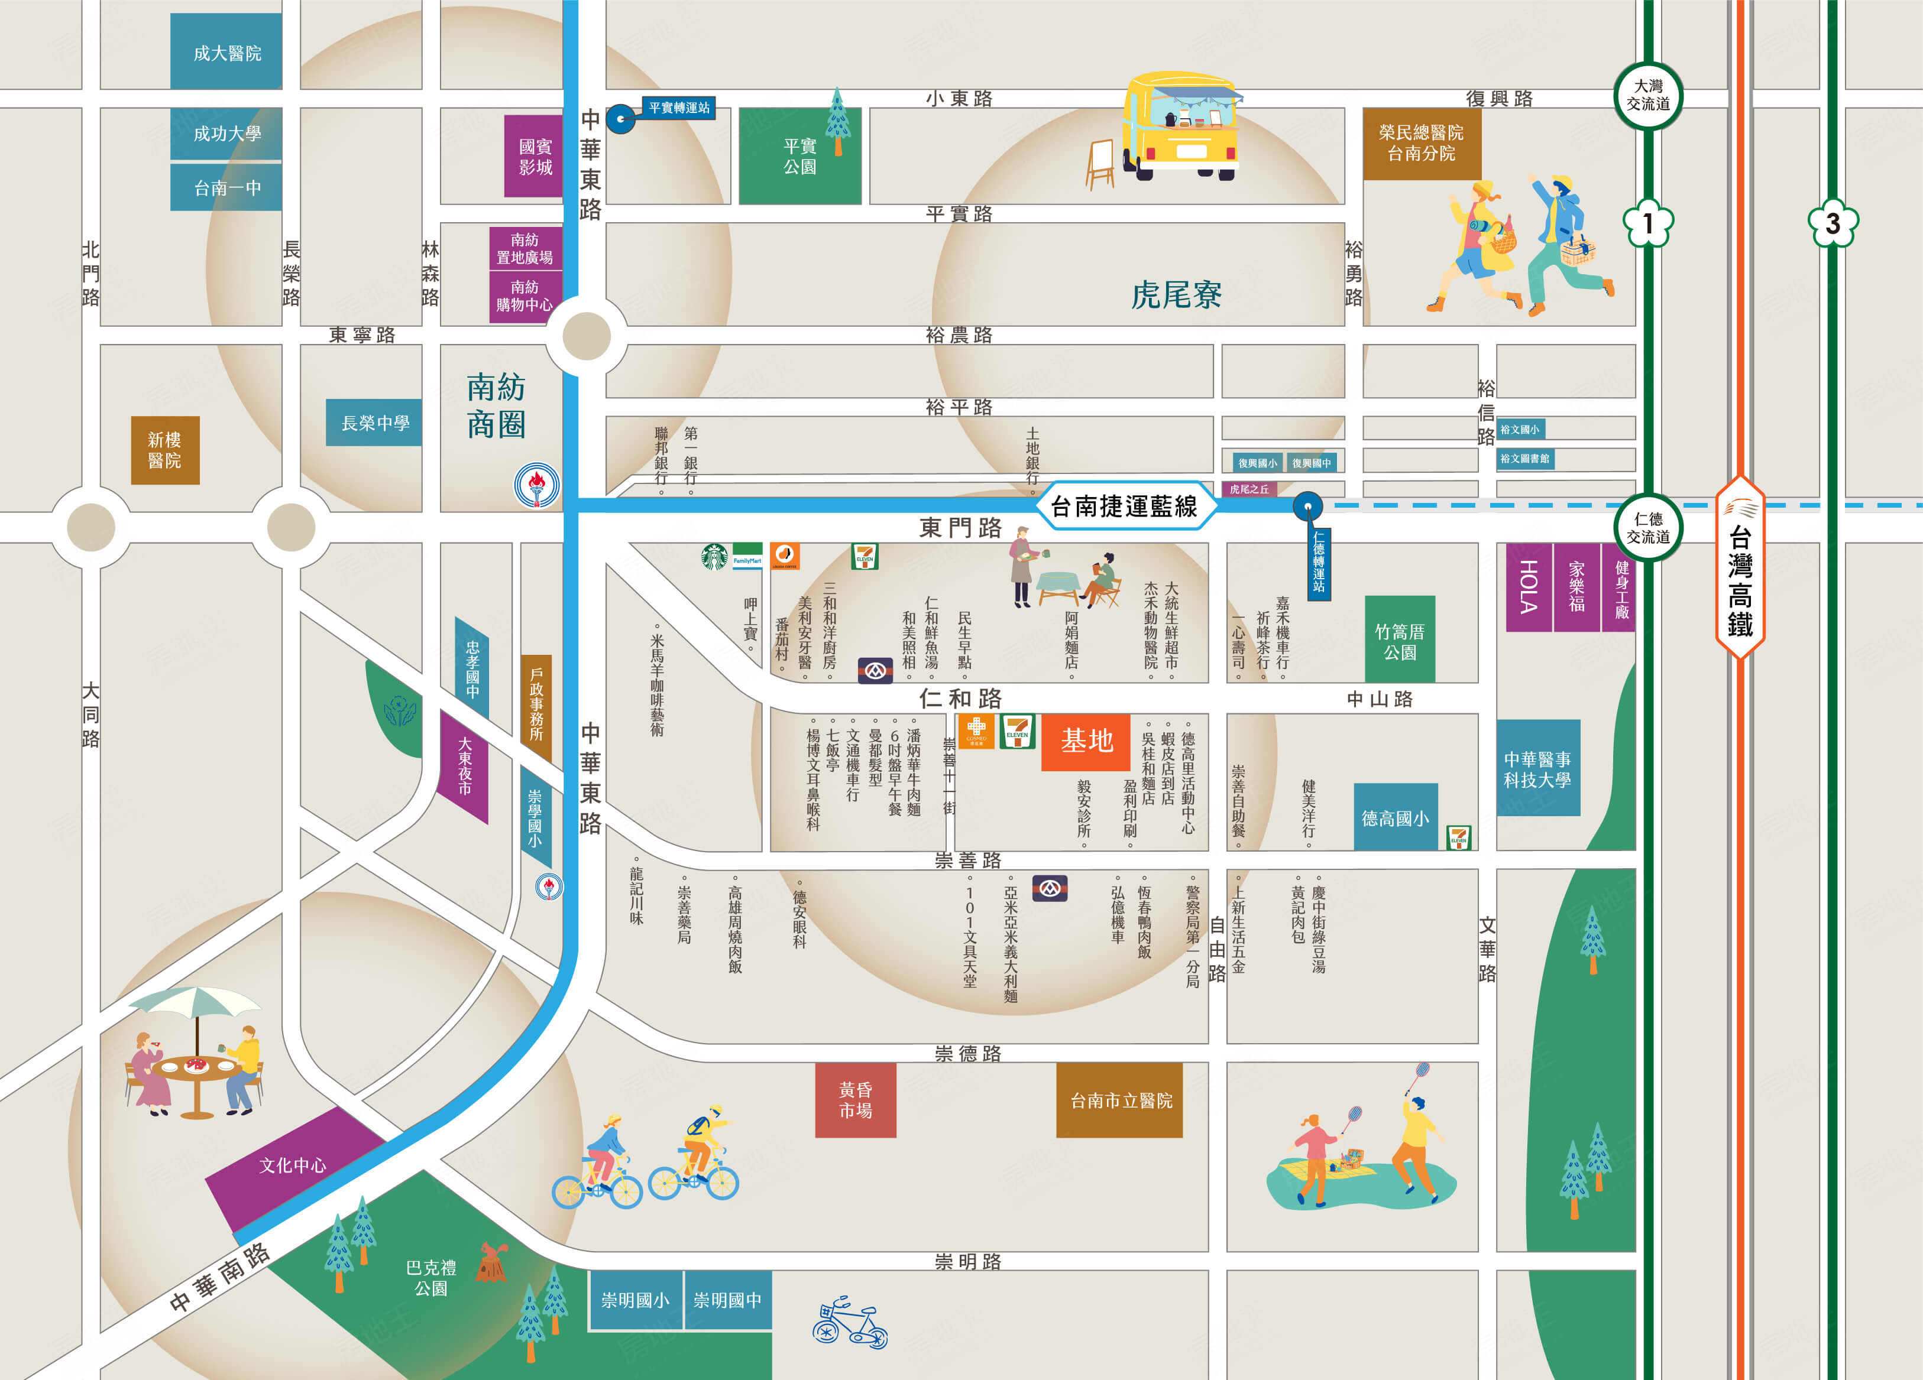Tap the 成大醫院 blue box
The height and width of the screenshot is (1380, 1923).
[x=226, y=53]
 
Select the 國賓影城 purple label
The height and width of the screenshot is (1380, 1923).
[x=534, y=157]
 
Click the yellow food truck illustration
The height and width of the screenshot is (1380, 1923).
[x=1180, y=127]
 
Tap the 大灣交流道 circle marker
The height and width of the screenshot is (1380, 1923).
[x=1647, y=95]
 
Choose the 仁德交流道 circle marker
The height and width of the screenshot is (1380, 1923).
[x=1647, y=527]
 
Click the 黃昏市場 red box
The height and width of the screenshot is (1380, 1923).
[x=854, y=1099]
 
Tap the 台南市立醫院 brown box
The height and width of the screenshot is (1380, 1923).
[x=1119, y=1099]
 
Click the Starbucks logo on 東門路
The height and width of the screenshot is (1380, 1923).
[x=714, y=557]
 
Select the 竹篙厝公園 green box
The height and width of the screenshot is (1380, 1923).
[x=1399, y=641]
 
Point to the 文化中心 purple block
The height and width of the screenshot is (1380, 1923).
[x=293, y=1165]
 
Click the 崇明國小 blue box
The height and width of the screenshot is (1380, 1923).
[x=635, y=1300]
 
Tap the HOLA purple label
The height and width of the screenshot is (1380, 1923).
[x=1528, y=587]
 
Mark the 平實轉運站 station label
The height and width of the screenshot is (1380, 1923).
[x=678, y=108]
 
